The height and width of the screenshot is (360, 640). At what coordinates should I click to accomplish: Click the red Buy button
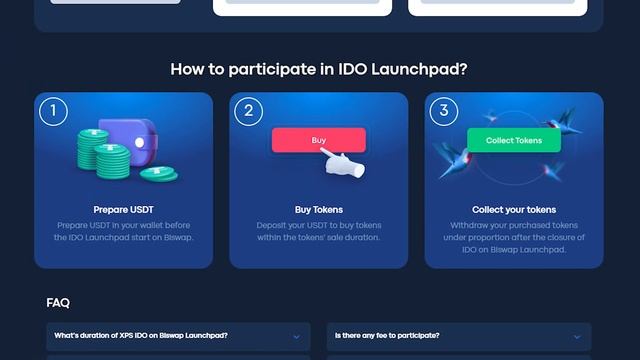pos(319,140)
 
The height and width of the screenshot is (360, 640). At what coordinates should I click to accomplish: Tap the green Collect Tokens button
pos(514,140)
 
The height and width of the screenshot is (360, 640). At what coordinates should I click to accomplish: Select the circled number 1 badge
pos(53,110)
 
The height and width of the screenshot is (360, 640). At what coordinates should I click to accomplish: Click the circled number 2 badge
pos(248,110)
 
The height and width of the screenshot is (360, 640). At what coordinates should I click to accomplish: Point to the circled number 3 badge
pos(443,110)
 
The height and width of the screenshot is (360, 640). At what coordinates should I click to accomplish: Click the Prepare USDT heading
pos(123,210)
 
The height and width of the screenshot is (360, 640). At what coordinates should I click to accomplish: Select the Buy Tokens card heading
pos(319,210)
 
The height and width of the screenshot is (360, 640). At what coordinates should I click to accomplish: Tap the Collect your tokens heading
pos(514,210)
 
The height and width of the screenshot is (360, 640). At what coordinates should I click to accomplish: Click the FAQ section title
pos(58,302)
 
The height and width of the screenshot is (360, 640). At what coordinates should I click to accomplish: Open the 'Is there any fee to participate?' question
pos(387,336)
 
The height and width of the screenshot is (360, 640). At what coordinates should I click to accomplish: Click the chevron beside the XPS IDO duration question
pos(296,337)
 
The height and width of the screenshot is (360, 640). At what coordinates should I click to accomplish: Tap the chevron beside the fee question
pos(577,337)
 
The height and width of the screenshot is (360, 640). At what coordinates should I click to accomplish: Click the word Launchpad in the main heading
pos(420,69)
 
